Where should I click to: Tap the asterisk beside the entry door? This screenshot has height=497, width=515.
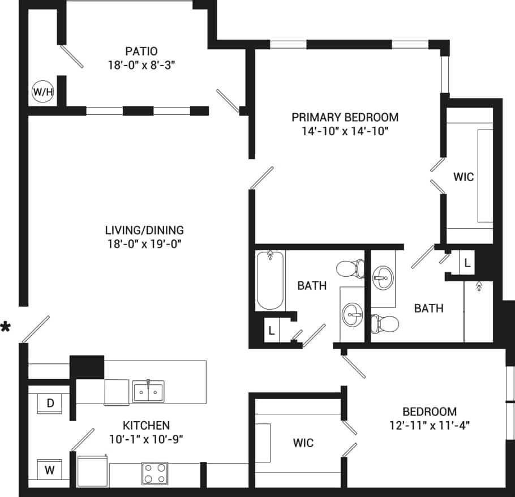pos(6,327)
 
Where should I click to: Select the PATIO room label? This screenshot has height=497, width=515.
pos(141,52)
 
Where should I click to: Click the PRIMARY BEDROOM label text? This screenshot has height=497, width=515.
pos(345,117)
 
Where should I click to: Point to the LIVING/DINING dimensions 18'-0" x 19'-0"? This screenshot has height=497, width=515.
pos(144,244)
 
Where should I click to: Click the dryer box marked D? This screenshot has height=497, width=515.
pos(50,403)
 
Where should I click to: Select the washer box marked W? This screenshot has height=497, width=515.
pos(50,470)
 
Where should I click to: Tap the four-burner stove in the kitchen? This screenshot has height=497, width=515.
pos(154,473)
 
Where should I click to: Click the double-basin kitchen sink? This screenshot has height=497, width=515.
pos(148,391)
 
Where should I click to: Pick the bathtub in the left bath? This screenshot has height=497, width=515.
pos(270,280)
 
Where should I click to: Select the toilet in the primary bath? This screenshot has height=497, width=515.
pos(384,324)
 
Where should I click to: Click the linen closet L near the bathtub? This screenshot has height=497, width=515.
pos(272,331)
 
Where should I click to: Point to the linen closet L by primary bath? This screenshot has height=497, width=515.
pos(466,263)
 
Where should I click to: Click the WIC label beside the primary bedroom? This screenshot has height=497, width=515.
pos(463,177)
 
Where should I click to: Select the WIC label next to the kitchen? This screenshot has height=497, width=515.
pos(303,442)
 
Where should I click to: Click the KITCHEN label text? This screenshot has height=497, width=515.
pos(146,425)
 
